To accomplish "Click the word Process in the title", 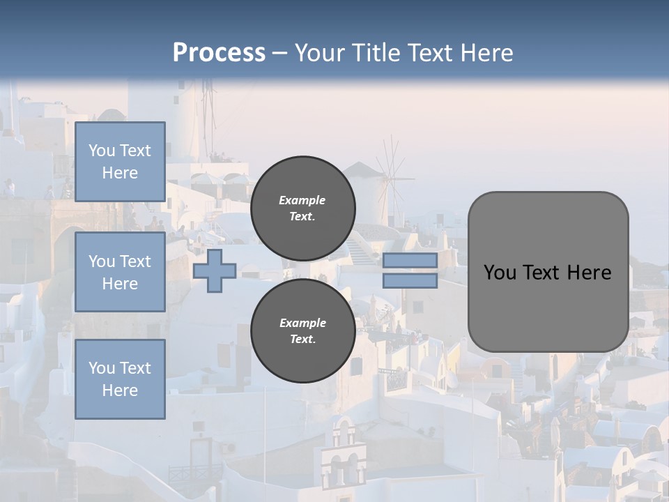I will pyautogui.click(x=219, y=53).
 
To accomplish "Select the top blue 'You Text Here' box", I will pyautogui.click(x=120, y=162).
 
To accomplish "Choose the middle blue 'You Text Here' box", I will pyautogui.click(x=120, y=272).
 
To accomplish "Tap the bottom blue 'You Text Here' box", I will pyautogui.click(x=120, y=379).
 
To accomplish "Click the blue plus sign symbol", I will pyautogui.click(x=215, y=271).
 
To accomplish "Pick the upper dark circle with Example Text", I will pyautogui.click(x=302, y=208).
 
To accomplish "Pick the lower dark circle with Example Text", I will pyautogui.click(x=302, y=330).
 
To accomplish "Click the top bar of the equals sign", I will pyautogui.click(x=410, y=261).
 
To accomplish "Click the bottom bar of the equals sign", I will pyautogui.click(x=410, y=281).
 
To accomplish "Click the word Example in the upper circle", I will pyautogui.click(x=302, y=200).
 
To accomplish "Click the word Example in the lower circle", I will pyautogui.click(x=302, y=323).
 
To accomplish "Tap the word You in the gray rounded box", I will pyautogui.click(x=500, y=273).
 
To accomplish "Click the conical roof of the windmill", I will pyautogui.click(x=361, y=170).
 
